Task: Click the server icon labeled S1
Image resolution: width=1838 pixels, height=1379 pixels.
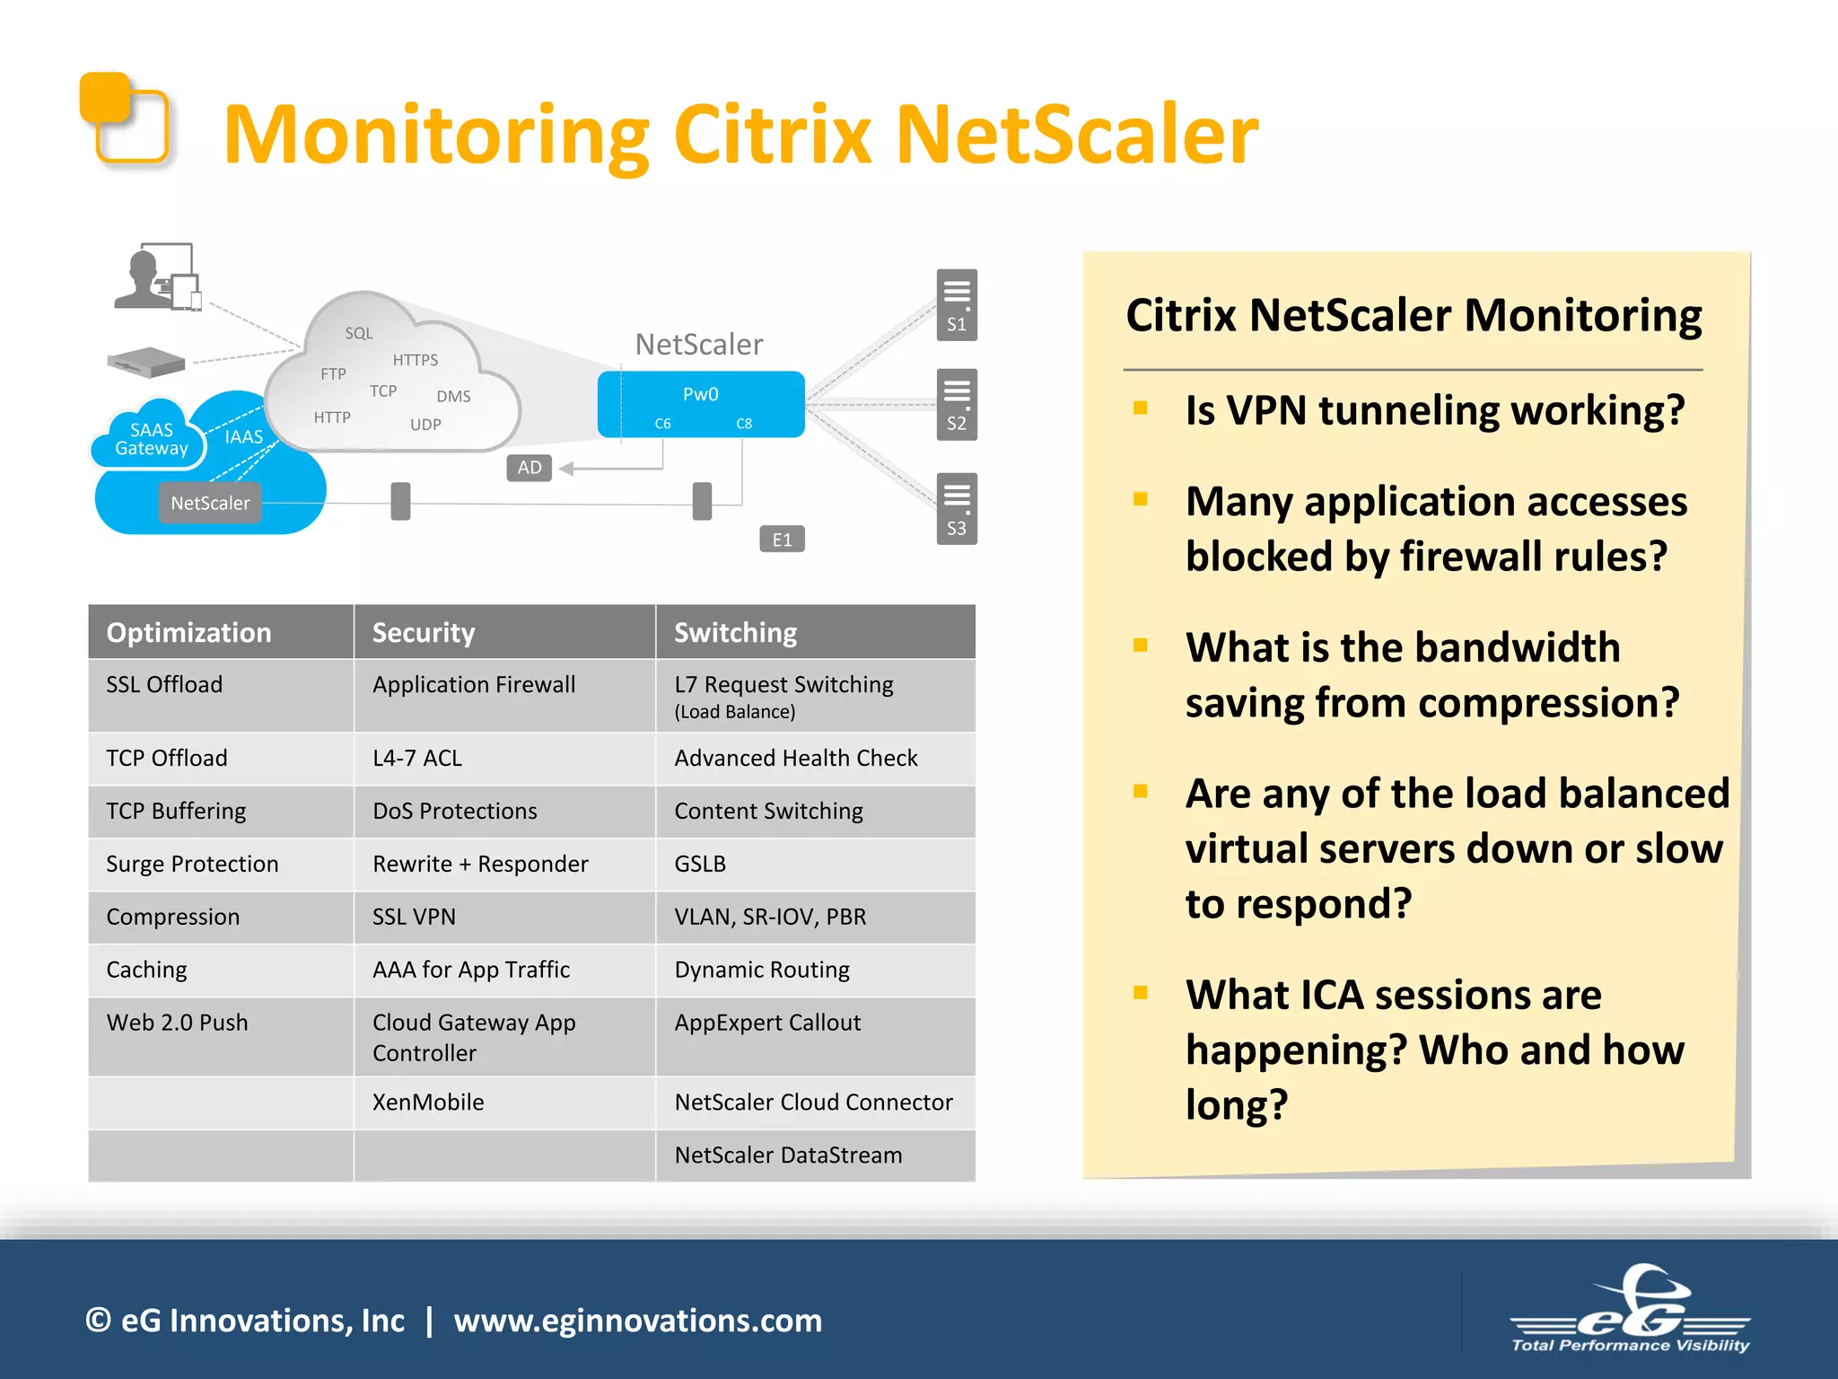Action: point(957,304)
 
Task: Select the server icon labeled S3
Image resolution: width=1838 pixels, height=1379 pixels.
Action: point(957,508)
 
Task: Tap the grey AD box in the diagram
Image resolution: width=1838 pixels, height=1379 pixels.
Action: point(529,468)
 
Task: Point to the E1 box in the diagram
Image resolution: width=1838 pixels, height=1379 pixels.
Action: point(782,540)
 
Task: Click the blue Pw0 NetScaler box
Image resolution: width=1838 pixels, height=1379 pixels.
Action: point(701,404)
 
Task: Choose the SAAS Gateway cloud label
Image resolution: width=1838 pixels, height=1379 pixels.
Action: point(151,439)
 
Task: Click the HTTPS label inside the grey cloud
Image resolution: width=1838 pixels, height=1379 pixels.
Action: point(416,360)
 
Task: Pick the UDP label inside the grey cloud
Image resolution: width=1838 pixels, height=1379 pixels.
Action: point(425,425)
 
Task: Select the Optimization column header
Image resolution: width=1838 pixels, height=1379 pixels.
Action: point(188,633)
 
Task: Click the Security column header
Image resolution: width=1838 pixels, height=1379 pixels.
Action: point(424,633)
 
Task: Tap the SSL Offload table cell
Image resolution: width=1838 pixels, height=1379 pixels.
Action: point(164,685)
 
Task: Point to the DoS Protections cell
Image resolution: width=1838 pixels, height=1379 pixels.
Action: point(455,812)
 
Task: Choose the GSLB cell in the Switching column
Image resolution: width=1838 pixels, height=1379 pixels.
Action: point(700,865)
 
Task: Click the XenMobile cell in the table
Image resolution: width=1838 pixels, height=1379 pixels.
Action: point(428,1102)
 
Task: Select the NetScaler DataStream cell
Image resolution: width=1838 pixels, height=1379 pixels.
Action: point(788,1155)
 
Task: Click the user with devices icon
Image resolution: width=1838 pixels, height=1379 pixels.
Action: point(158,277)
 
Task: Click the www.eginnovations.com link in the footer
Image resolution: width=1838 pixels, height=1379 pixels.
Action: point(637,1321)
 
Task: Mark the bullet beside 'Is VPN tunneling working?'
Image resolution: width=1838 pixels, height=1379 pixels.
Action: point(1141,408)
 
